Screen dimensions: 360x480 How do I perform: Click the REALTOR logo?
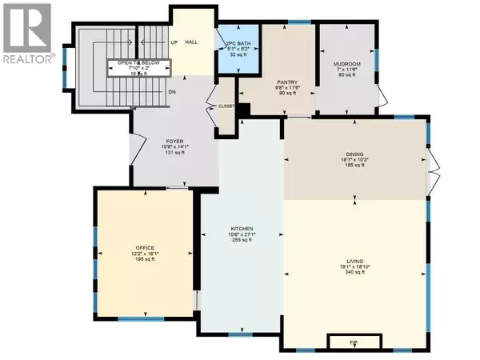tap(26, 31)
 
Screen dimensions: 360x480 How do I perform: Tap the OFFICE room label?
tap(145, 248)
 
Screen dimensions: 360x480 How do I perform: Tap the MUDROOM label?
tap(346, 63)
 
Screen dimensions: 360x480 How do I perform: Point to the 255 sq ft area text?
tap(242, 240)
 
